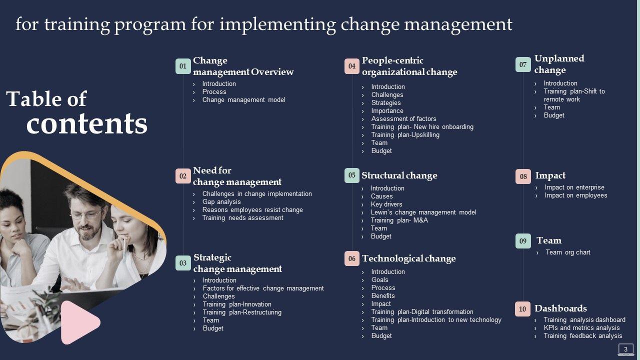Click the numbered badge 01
pyautogui.click(x=183, y=66)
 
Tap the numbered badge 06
pyautogui.click(x=351, y=258)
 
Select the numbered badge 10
pyautogui.click(x=522, y=309)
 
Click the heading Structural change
pyautogui.click(x=399, y=175)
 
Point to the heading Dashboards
pyautogui.click(x=560, y=308)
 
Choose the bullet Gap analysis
pyautogui.click(x=221, y=201)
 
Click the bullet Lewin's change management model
pyautogui.click(x=423, y=212)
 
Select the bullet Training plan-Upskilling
pyautogui.click(x=405, y=134)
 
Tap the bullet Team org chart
pyautogui.click(x=567, y=252)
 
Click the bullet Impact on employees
pyautogui.click(x=575, y=195)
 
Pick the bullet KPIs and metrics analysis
pyautogui.click(x=581, y=327)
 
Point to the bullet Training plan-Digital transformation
pyautogui.click(x=422, y=311)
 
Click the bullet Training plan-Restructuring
pyautogui.click(x=242, y=312)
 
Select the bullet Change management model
pyautogui.click(x=243, y=99)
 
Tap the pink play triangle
pyautogui.click(x=79, y=322)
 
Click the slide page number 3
pyautogui.click(x=625, y=349)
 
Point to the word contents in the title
pyautogui.click(x=87, y=124)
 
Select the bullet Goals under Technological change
pyautogui.click(x=379, y=279)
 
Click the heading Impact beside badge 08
pyautogui.click(x=550, y=175)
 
